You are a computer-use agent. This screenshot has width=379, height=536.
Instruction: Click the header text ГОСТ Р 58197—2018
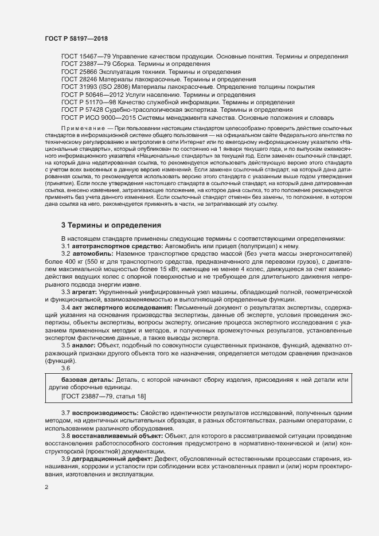76,38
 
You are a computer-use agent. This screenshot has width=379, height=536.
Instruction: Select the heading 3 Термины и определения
111,224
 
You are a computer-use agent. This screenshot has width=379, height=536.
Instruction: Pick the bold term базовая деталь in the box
87,379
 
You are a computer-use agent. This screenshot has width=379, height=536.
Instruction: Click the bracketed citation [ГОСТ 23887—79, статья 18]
104,396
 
